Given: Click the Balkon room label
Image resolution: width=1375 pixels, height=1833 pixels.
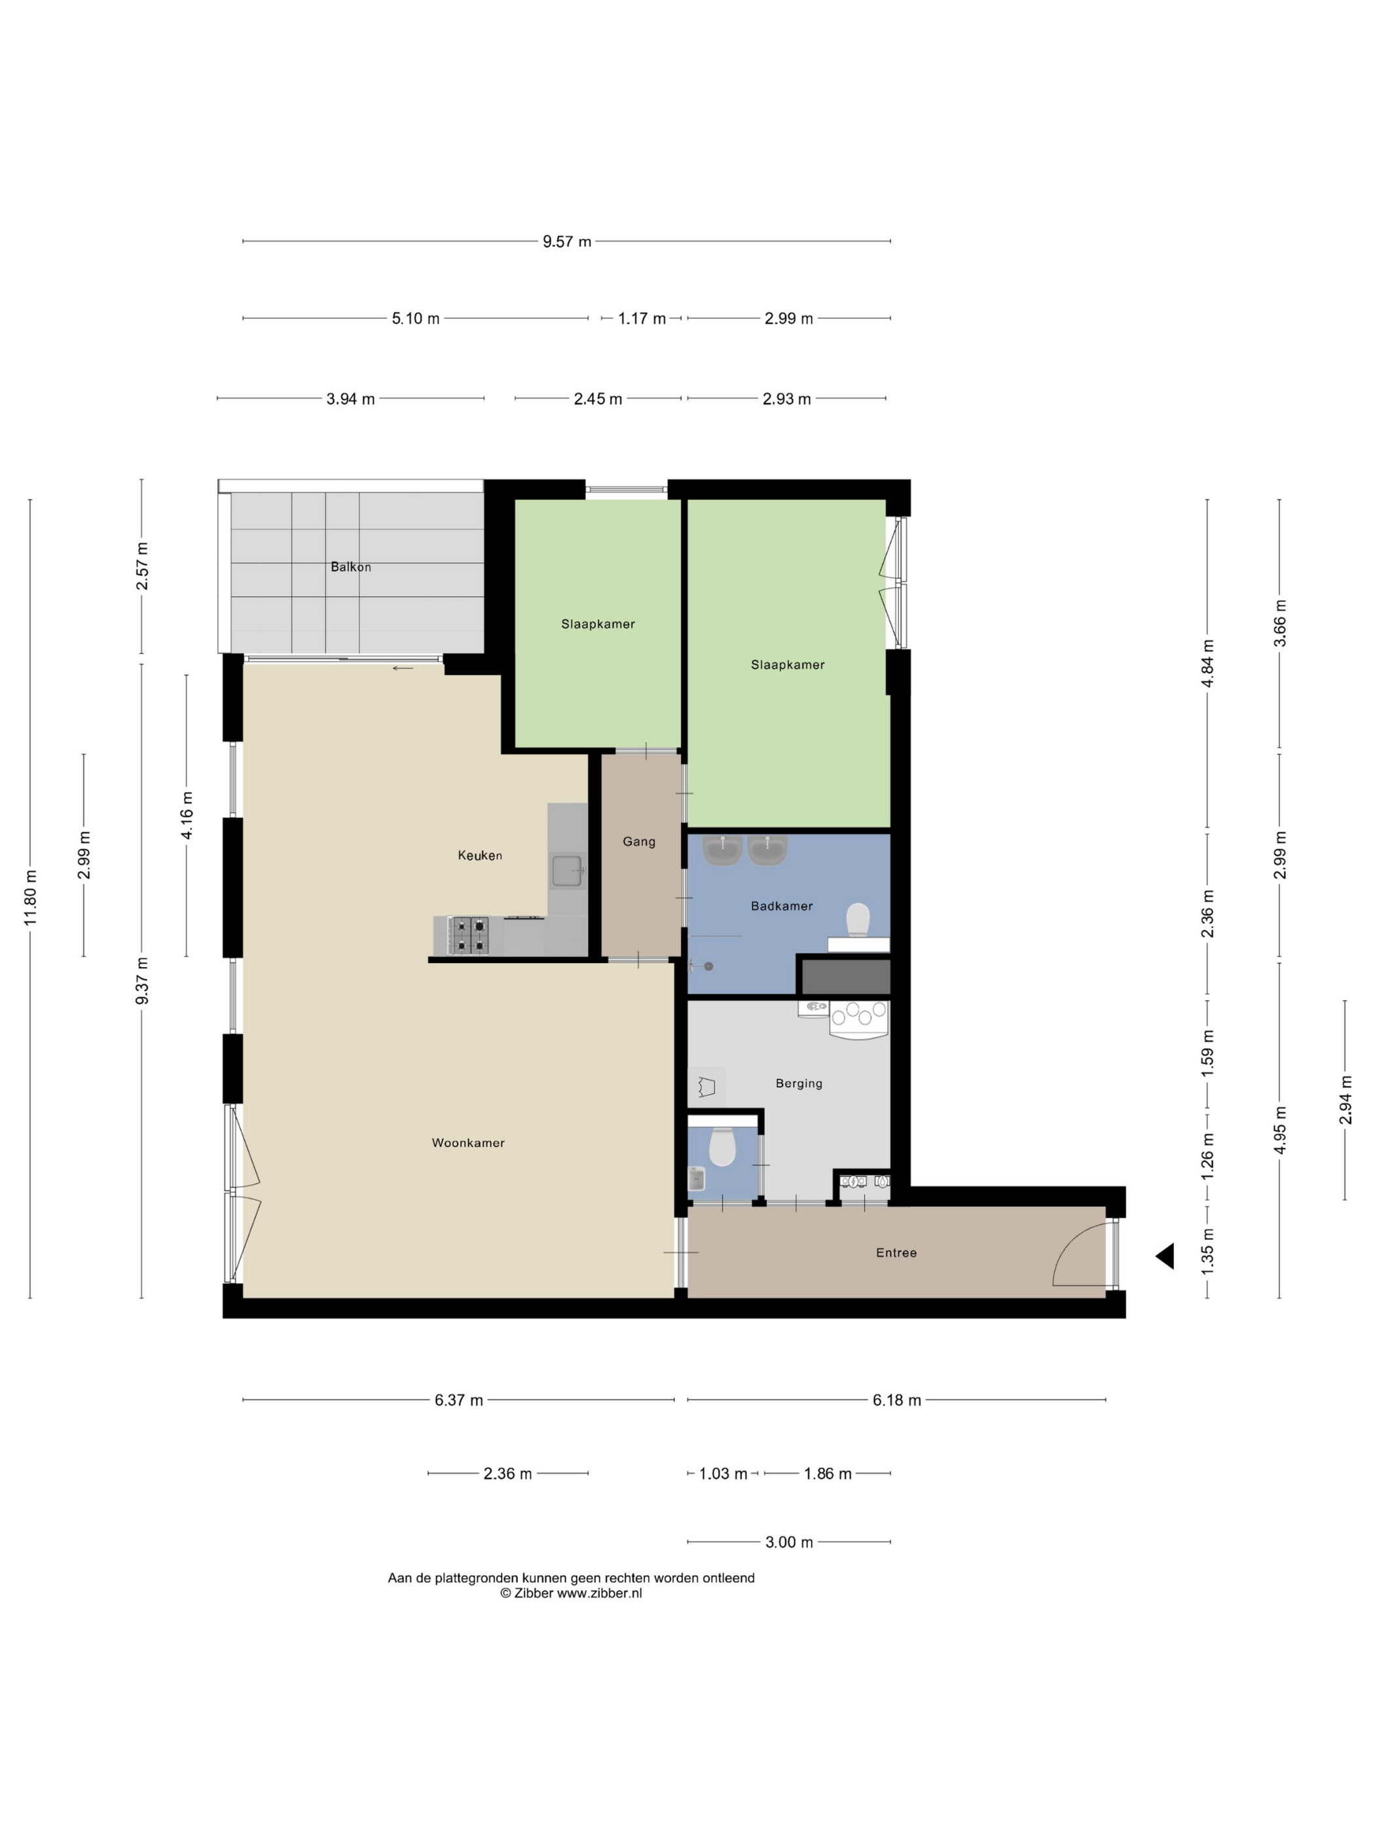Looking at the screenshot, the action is tap(350, 567).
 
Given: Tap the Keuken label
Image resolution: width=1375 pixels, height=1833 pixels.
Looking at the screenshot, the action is tap(480, 855).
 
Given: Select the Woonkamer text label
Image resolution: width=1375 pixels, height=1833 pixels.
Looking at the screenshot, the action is tap(468, 1143).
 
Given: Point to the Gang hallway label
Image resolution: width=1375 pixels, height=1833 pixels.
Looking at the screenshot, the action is tap(639, 842).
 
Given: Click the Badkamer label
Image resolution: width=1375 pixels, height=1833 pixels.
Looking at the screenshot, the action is tap(782, 906).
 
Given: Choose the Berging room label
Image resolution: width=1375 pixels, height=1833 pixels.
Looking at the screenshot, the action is tap(799, 1083).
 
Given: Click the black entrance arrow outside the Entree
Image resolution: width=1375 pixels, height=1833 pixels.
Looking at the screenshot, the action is tap(1165, 1256).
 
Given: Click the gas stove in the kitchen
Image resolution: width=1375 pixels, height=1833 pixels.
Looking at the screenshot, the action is tap(468, 935).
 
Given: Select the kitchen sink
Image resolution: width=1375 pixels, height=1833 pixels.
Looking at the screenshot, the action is tap(568, 871).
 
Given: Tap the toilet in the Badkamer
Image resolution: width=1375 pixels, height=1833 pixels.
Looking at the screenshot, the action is tap(858, 919).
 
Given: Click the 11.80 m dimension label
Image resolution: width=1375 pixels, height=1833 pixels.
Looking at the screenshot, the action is tap(31, 898).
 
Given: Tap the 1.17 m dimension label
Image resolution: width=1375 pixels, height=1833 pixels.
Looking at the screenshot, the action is tap(642, 318).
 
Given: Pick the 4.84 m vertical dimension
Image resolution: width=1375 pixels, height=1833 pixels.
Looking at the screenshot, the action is tap(1207, 664).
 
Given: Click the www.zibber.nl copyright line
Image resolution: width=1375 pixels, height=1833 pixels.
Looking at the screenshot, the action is tap(571, 1593).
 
